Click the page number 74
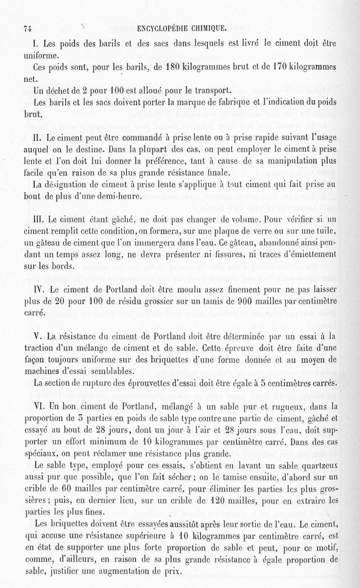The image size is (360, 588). [x=27, y=28]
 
